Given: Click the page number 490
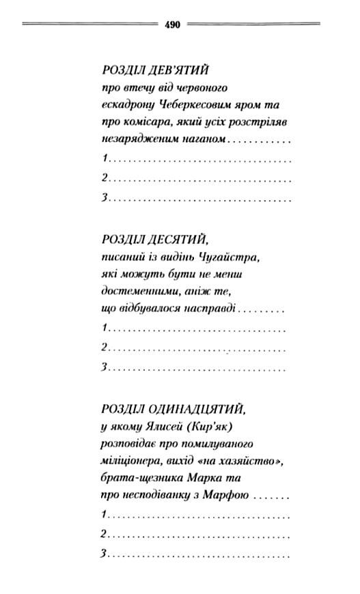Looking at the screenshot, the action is pyautogui.click(x=172, y=25).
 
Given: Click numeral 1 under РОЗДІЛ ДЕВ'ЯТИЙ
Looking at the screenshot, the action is pyautogui.click(x=105, y=158).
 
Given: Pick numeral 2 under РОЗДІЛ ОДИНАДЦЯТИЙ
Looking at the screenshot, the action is pyautogui.click(x=105, y=534).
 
